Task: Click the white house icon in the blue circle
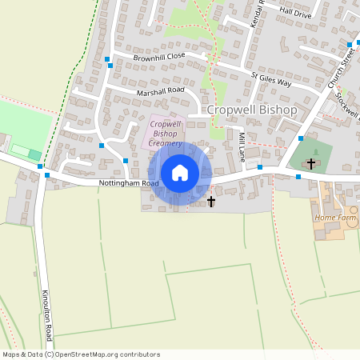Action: coord(180,173)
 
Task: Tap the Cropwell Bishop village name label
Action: coord(252,110)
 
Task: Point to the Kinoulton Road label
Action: coord(47,315)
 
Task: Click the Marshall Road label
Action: coord(160,91)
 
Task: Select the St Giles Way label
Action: coord(270,79)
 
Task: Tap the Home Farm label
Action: coord(335,218)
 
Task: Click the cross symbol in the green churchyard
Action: coord(311,162)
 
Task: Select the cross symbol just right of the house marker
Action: coord(211,201)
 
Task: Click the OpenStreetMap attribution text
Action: coord(81,354)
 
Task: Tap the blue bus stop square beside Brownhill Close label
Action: coord(107,59)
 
